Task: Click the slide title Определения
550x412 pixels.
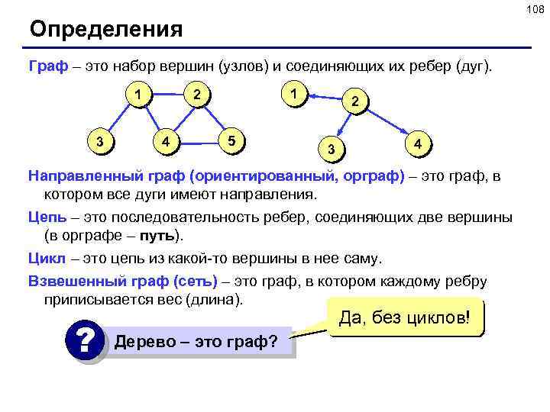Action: click(106, 30)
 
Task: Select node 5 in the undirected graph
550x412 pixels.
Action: click(233, 140)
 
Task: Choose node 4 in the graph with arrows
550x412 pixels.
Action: click(417, 143)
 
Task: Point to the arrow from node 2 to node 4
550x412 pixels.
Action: click(387, 122)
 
